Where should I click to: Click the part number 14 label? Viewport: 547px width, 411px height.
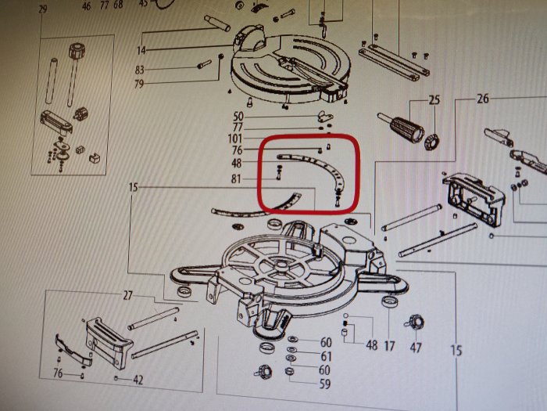pos(141,50)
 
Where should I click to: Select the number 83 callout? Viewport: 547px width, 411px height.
pos(140,70)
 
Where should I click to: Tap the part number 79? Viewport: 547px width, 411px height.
pos(139,85)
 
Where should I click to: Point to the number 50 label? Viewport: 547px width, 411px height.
pos(238,117)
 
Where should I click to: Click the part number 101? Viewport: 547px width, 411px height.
pos(234,139)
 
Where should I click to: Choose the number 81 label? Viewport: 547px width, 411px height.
pos(236,179)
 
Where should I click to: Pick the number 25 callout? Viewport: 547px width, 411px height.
pos(434,100)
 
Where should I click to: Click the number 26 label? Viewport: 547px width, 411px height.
pos(483,99)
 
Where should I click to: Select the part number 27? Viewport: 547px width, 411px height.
pos(127,296)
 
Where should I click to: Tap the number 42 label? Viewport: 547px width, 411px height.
pos(138,380)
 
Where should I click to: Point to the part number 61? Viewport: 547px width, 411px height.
pos(326,356)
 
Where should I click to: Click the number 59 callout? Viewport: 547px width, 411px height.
pos(325,384)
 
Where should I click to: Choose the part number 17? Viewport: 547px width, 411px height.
pos(389,346)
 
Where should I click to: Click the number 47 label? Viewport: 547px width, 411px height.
pos(416,348)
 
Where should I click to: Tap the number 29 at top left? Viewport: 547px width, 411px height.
pos(42,9)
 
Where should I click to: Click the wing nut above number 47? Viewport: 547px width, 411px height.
pos(414,322)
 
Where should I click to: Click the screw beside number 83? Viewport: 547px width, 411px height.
pos(204,64)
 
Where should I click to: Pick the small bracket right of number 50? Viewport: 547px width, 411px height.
pos(325,116)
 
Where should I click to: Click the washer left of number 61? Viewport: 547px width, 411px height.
pos(290,349)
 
